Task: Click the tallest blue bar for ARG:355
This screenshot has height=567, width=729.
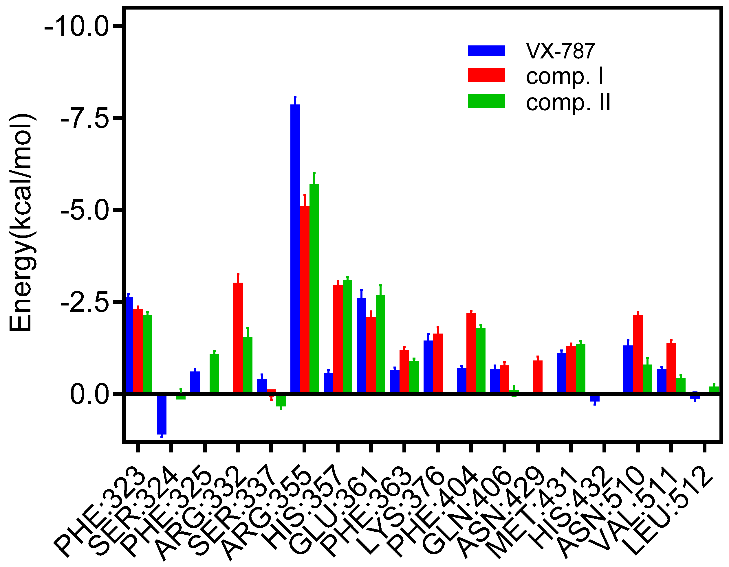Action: click(295, 248)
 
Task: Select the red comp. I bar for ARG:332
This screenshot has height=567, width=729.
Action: click(238, 338)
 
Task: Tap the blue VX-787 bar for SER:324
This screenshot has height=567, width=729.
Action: click(162, 414)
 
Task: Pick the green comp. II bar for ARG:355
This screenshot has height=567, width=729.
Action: click(314, 288)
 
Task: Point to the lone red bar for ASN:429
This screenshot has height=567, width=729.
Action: click(538, 377)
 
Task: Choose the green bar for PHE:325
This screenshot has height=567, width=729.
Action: click(214, 373)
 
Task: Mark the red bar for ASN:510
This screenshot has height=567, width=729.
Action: click(638, 354)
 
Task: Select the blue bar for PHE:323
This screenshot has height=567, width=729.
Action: click(129, 345)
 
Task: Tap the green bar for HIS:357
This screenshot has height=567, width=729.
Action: click(347, 337)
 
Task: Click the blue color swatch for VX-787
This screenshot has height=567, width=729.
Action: click(486, 51)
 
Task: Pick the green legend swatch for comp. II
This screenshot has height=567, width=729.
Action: click(486, 101)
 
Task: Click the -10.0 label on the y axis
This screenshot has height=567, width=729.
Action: click(76, 27)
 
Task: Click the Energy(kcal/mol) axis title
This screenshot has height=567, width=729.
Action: click(21, 223)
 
